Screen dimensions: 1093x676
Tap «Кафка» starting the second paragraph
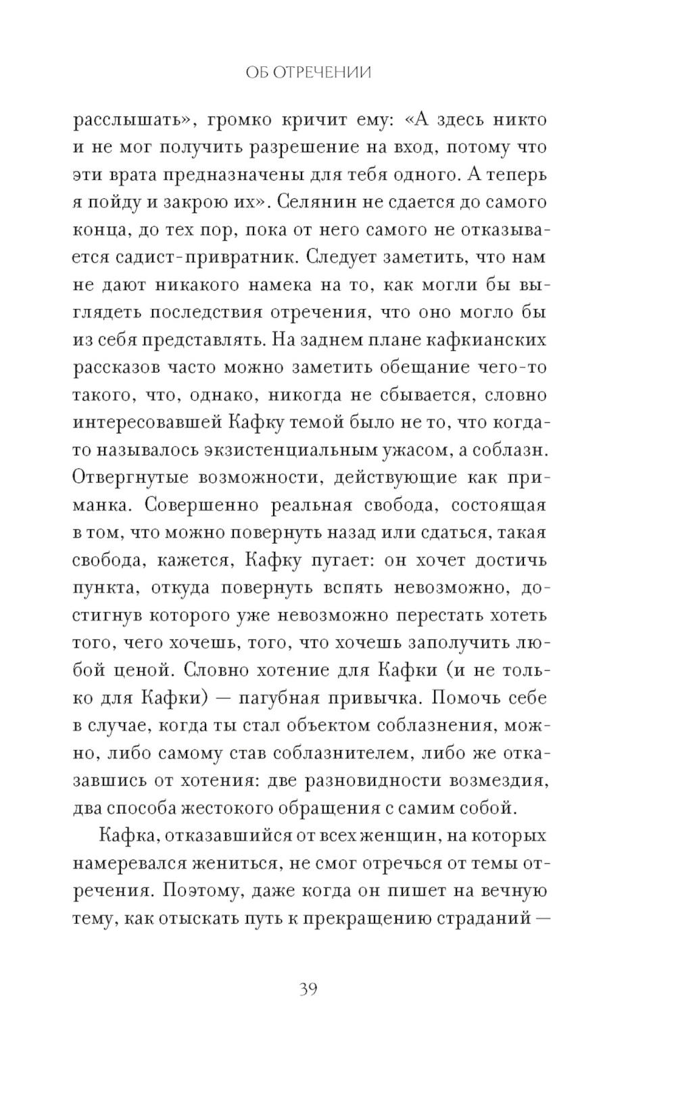click(x=128, y=836)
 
